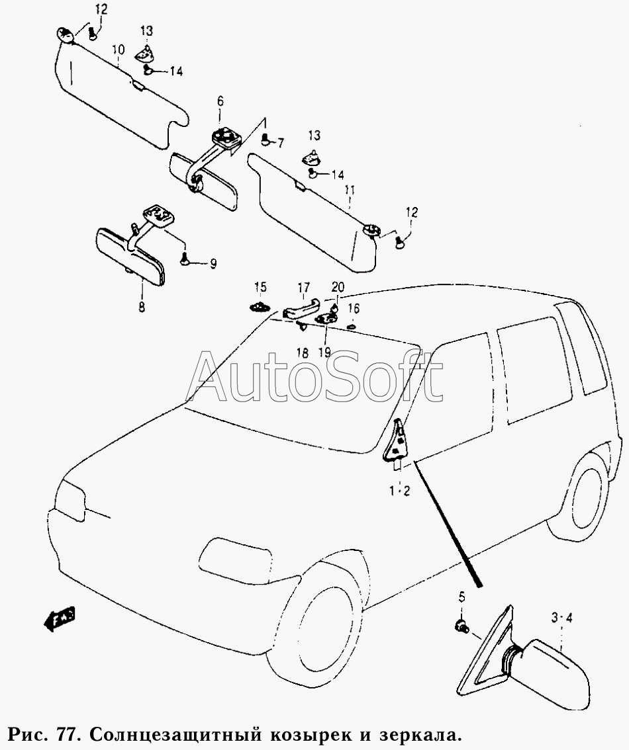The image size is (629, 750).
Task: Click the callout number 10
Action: (118, 50)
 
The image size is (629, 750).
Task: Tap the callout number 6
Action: (220, 101)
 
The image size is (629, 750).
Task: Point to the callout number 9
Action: (213, 264)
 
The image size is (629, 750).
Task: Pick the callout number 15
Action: (260, 287)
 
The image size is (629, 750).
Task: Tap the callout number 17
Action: (303, 288)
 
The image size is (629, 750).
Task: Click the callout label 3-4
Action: (561, 618)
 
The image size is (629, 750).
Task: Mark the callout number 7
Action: (280, 142)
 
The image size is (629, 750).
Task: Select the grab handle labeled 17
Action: (301, 309)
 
